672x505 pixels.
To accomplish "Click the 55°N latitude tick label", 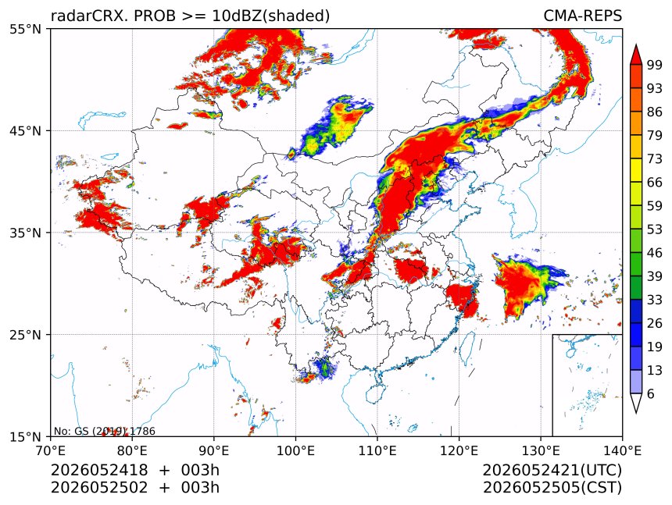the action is [25, 29].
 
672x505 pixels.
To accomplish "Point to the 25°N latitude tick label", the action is [25, 334].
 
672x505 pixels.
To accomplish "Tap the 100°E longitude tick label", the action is [295, 450].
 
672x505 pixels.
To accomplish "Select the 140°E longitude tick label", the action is [622, 450].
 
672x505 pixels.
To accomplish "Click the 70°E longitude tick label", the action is [51, 450].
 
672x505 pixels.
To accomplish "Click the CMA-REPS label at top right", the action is [582, 16].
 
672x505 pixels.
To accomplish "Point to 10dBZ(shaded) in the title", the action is [270, 16].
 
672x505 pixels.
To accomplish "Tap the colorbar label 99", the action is [655, 65].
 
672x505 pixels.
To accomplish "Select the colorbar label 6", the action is [651, 393].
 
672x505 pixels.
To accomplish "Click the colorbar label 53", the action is [655, 229].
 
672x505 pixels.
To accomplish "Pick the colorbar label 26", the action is [655, 323].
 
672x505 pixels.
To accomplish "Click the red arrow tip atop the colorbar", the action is [635, 44].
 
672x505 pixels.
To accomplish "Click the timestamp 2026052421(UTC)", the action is [552, 470].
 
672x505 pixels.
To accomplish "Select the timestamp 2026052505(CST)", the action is [552, 487].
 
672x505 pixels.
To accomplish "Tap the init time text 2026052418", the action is [99, 470].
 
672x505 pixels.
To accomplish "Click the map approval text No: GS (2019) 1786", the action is [104, 431].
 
